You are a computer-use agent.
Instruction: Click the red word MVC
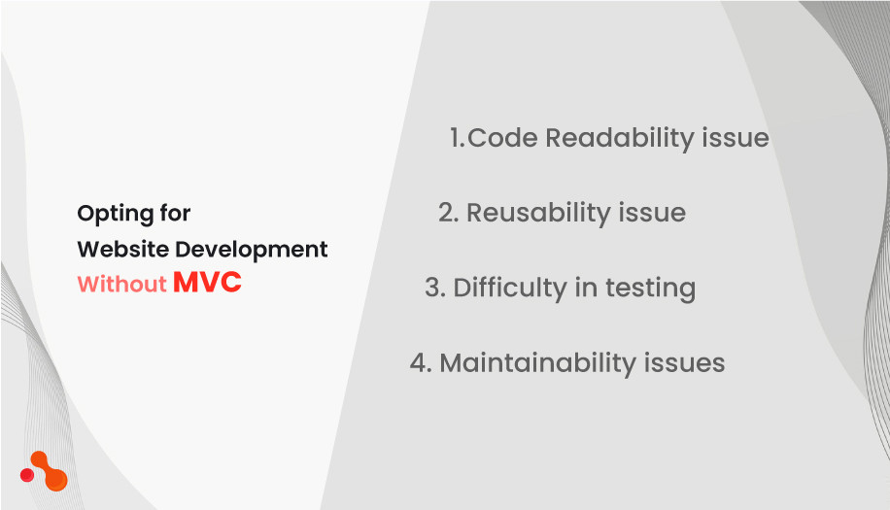[207, 283]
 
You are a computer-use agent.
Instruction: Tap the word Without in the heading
[121, 285]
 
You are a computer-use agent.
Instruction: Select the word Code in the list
[503, 138]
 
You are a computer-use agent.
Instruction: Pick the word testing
[650, 289]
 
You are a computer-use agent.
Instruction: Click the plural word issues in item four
[684, 363]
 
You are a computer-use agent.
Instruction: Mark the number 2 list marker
[447, 213]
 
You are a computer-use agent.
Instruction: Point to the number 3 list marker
[433, 289]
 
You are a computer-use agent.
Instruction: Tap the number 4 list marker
[420, 363]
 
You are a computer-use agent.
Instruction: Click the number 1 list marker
[456, 138]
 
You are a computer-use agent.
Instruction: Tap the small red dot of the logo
[27, 475]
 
